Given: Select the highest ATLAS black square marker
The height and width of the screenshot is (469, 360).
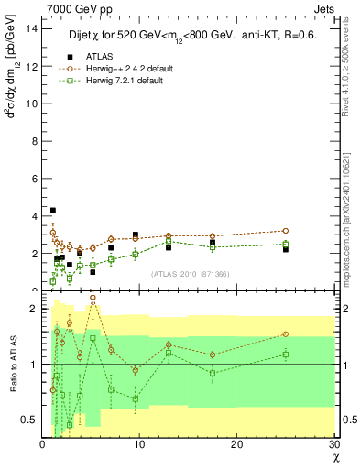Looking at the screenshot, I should pos(52,211).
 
